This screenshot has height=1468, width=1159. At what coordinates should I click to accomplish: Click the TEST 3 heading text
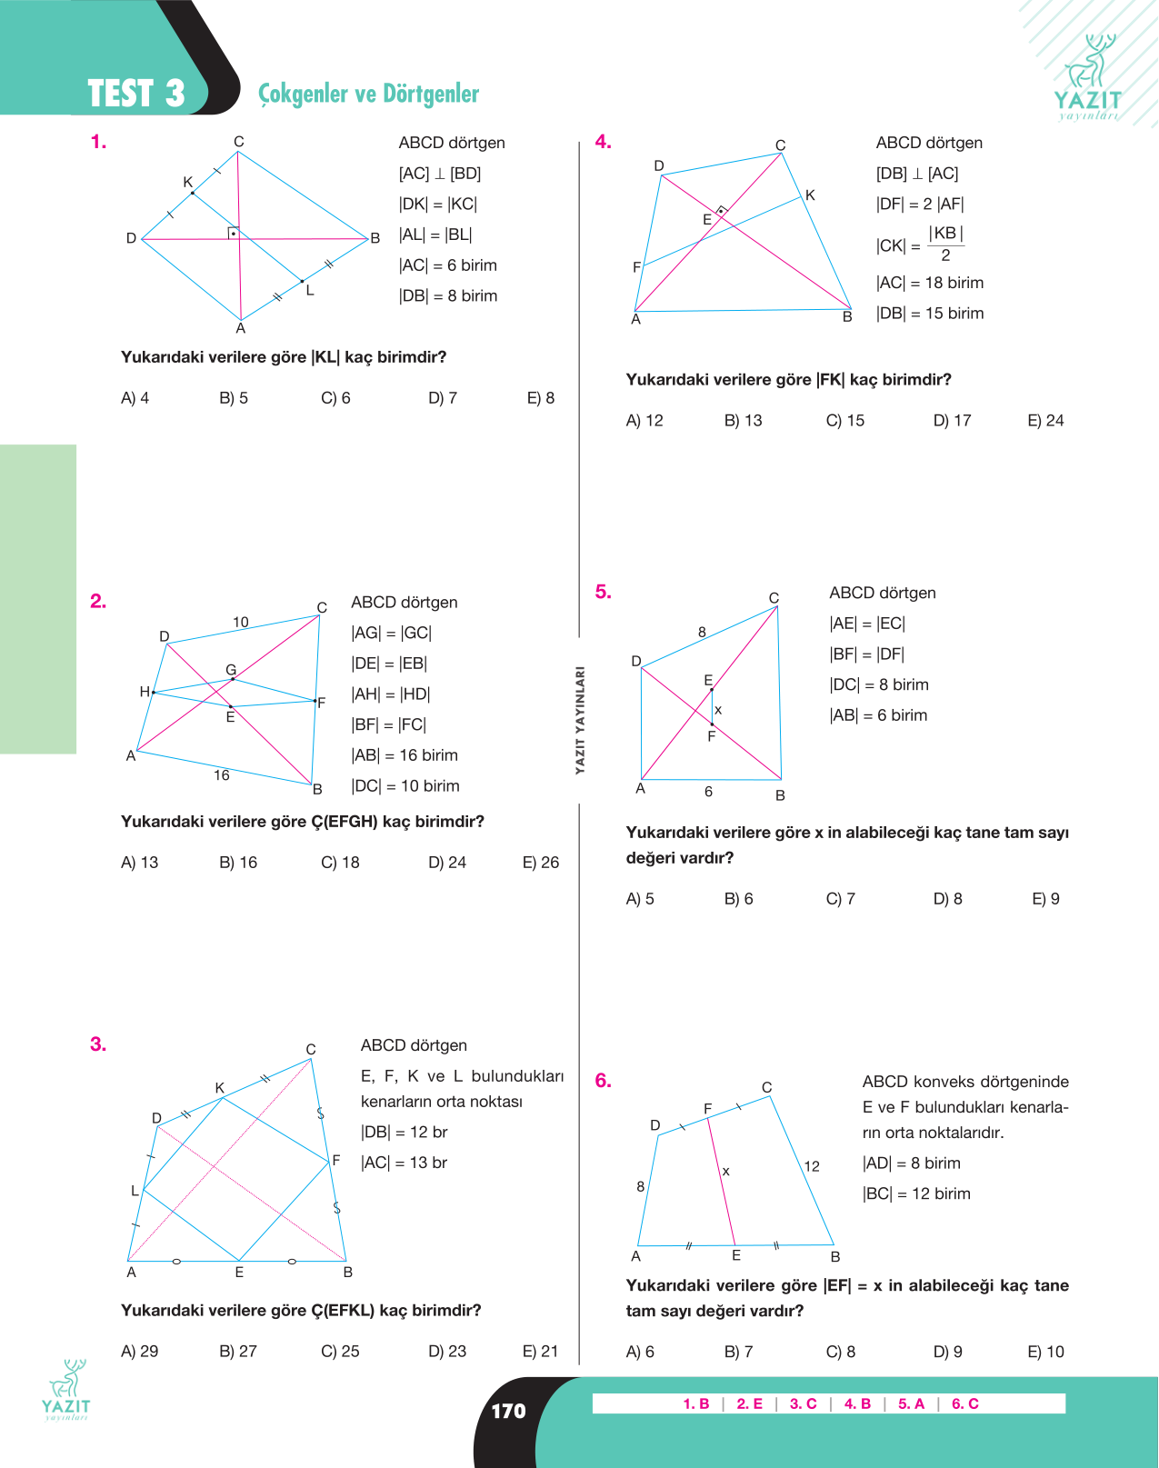(x=135, y=94)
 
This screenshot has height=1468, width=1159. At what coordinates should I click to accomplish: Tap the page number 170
(x=509, y=1411)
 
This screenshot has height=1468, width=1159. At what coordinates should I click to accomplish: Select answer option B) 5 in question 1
(x=234, y=398)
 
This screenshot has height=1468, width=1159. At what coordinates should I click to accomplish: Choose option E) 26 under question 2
(x=540, y=863)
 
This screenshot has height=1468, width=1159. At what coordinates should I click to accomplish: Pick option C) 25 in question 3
(x=340, y=1352)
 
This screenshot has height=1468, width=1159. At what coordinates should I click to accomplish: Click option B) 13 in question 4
(x=743, y=420)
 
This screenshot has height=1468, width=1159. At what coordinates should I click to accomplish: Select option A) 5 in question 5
(x=640, y=898)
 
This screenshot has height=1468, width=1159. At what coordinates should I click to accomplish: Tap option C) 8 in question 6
(x=841, y=1352)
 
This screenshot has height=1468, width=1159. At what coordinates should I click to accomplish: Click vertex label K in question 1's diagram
(x=187, y=182)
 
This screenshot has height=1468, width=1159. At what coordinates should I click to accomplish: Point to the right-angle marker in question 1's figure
(x=234, y=233)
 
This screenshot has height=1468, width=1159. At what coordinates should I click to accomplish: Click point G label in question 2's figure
(x=231, y=670)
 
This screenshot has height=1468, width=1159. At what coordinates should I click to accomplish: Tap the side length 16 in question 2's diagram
(x=222, y=775)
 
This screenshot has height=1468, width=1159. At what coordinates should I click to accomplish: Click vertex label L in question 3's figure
(x=135, y=1191)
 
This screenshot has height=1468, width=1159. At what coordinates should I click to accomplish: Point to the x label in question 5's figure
(x=717, y=710)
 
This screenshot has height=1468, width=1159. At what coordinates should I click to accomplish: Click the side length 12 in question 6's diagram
(x=812, y=1166)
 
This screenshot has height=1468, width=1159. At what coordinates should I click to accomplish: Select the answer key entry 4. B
(x=857, y=1403)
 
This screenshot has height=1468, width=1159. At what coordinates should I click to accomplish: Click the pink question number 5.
(x=603, y=592)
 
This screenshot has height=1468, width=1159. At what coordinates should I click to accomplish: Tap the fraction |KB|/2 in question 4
(x=945, y=245)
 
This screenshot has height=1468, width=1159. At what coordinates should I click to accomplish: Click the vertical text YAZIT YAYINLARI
(x=580, y=720)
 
